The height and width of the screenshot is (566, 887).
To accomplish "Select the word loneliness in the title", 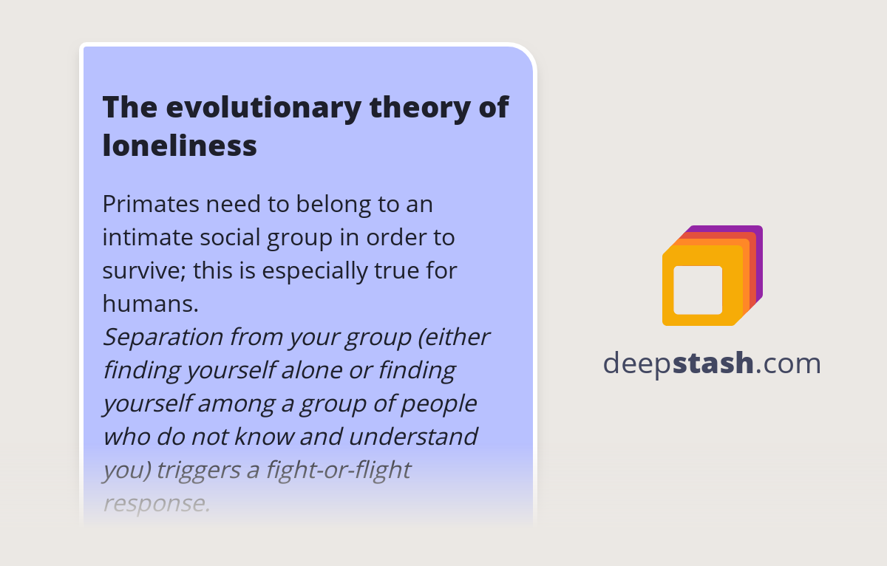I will pyautogui.click(x=180, y=146).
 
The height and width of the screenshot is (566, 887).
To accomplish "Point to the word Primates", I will pyautogui.click(x=152, y=204).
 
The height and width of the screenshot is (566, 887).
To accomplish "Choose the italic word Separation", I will pyautogui.click(x=163, y=337).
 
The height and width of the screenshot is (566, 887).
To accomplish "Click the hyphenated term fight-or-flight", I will pyautogui.click(x=332, y=470).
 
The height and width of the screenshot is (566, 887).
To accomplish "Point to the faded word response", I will pyautogui.click(x=156, y=503).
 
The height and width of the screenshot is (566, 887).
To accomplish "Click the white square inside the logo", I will pyautogui.click(x=698, y=290).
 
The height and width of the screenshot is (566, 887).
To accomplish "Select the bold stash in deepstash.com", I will pyautogui.click(x=713, y=364).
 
